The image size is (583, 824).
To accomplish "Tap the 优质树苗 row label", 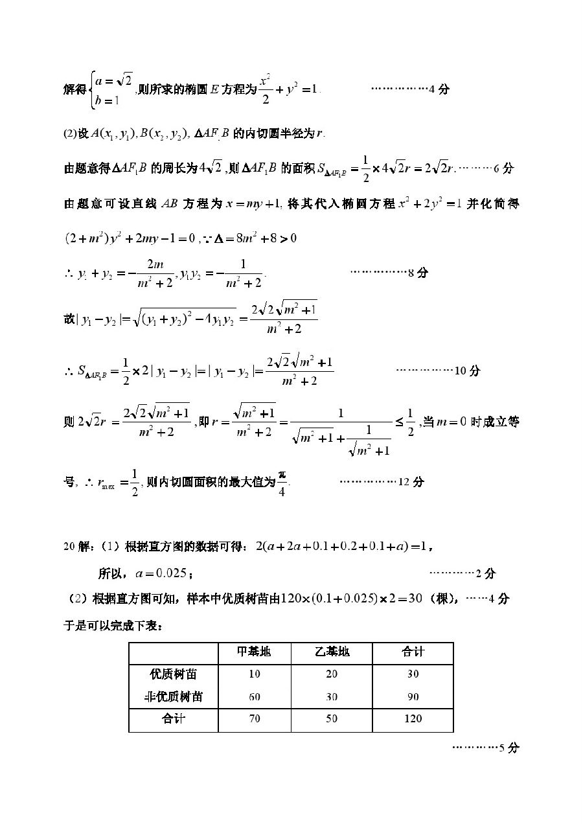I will [x=173, y=674].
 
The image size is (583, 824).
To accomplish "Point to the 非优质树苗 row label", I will [x=173, y=697].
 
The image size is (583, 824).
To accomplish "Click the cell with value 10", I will [x=254, y=674].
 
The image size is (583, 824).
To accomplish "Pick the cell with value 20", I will [x=332, y=674].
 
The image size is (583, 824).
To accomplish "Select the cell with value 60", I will [x=254, y=697].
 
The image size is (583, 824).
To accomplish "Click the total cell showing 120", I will [x=413, y=718].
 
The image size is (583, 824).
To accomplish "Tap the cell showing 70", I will [x=254, y=718].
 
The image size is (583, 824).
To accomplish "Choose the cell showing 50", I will [x=332, y=718].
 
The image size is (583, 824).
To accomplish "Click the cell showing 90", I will [x=413, y=697].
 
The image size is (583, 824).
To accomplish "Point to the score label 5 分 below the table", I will [x=509, y=748].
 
